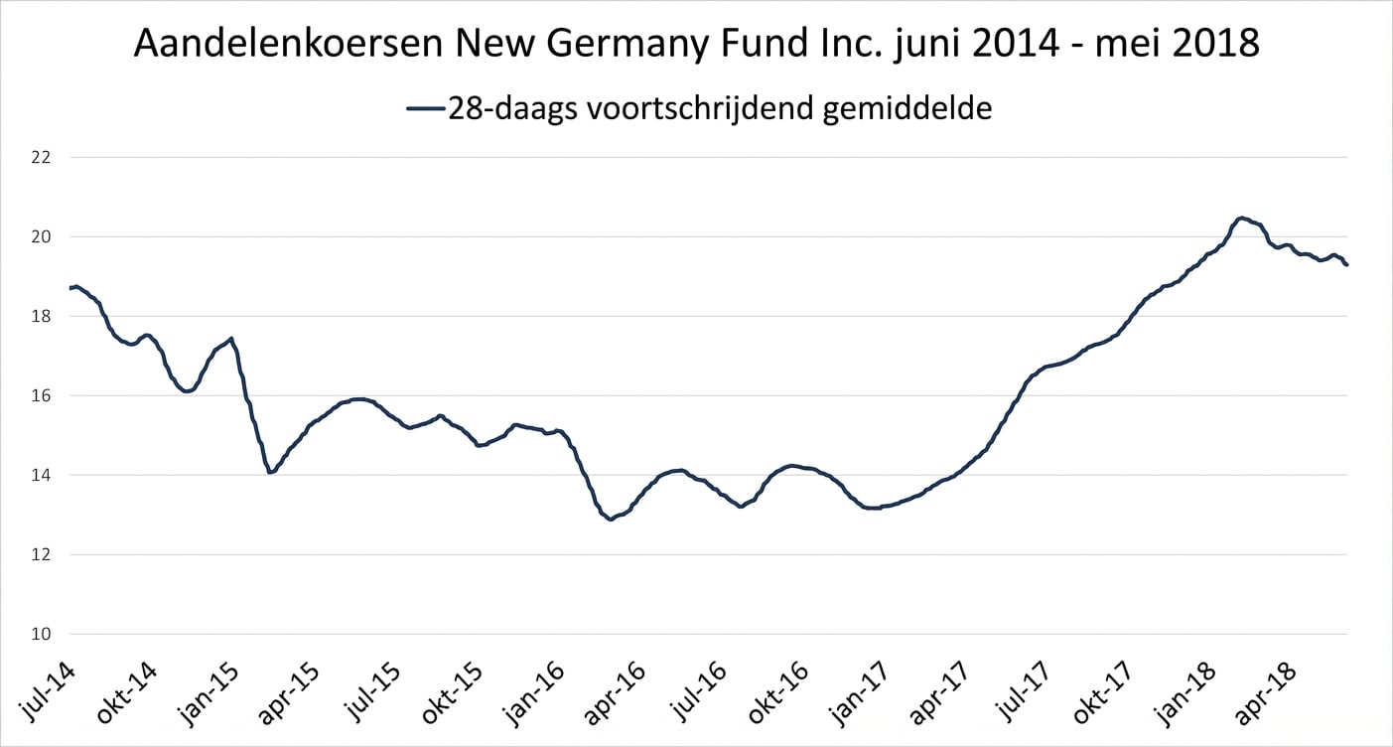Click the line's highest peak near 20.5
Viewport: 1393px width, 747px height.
coord(1241,218)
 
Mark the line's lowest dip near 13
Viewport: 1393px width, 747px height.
coord(610,520)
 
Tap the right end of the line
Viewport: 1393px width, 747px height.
coord(1346,264)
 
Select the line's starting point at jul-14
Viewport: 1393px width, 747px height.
coord(70,288)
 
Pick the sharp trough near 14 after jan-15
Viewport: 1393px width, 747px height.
coord(270,472)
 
